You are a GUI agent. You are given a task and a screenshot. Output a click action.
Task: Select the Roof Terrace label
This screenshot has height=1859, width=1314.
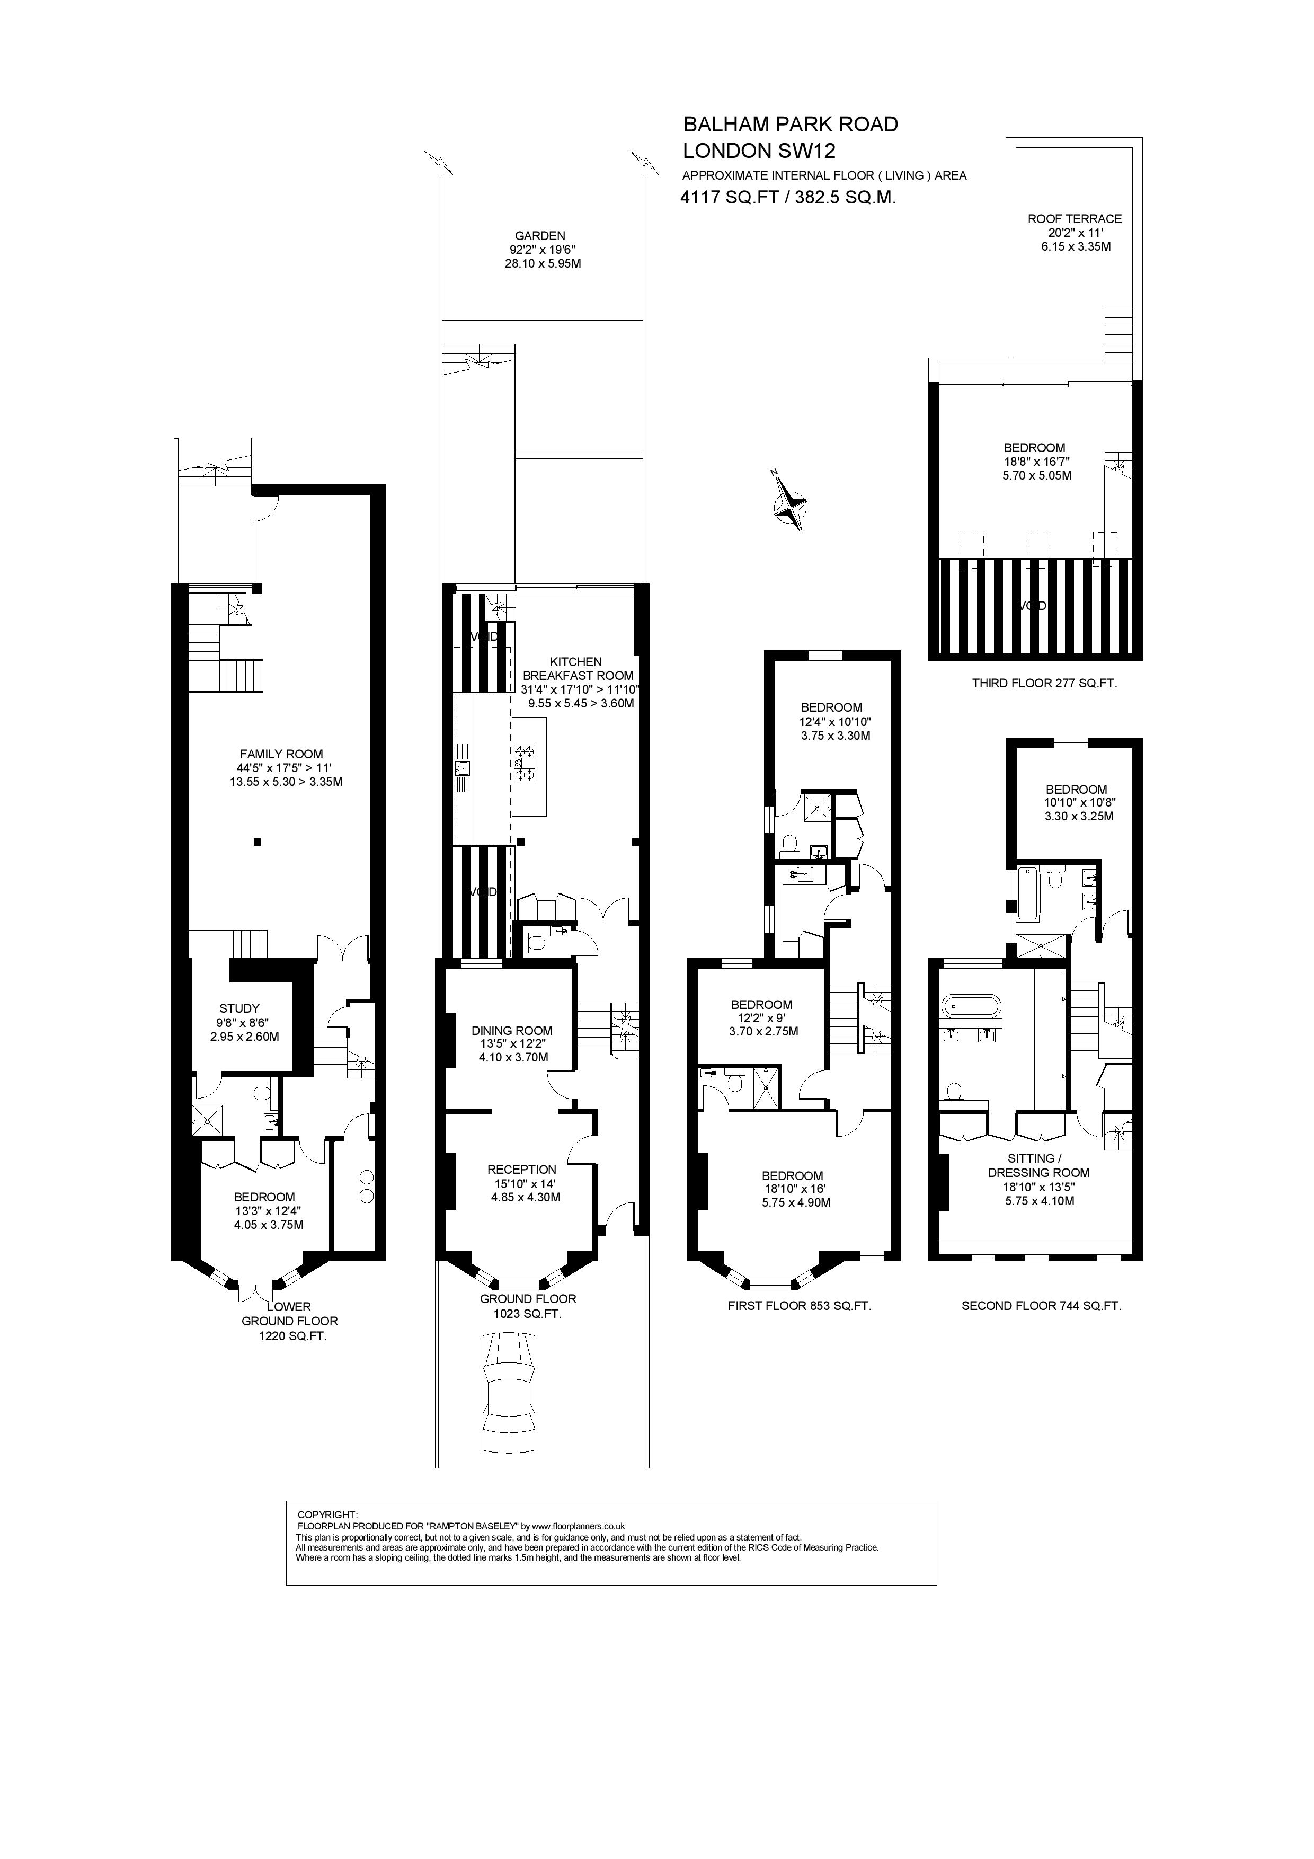pyautogui.click(x=1075, y=219)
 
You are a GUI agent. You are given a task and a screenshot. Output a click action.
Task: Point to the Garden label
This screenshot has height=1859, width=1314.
pyautogui.click(x=540, y=236)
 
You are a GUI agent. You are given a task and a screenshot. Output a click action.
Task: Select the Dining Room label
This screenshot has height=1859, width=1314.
pyautogui.click(x=512, y=1031)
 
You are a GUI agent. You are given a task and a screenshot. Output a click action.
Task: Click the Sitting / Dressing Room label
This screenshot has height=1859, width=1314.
pyautogui.click(x=1038, y=1165)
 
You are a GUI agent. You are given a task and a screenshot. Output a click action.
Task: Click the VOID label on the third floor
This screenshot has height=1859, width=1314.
pyautogui.click(x=1032, y=606)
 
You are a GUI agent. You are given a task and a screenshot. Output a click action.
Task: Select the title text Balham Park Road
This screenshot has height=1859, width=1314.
pyautogui.click(x=790, y=125)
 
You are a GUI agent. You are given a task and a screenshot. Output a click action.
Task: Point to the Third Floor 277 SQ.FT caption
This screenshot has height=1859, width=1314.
pyautogui.click(x=1044, y=684)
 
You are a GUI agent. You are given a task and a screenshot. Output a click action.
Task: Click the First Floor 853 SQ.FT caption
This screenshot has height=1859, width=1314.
pyautogui.click(x=799, y=1306)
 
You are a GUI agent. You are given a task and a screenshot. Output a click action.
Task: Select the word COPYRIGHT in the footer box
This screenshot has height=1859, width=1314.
pyautogui.click(x=327, y=1514)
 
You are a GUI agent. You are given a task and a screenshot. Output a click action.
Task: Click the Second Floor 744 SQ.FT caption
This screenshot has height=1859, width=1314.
pyautogui.click(x=1041, y=1306)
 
